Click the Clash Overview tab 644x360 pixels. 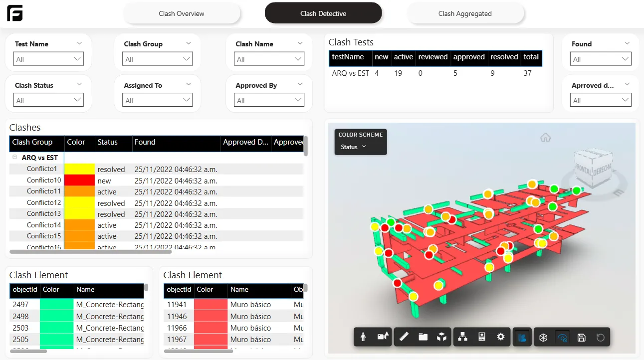pyautogui.click(x=182, y=13)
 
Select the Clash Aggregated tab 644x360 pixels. pyautogui.click(x=465, y=13)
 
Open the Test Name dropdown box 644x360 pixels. pyautogui.click(x=48, y=59)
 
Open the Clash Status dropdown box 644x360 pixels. pyautogui.click(x=48, y=101)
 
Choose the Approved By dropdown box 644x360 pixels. pyautogui.click(x=269, y=101)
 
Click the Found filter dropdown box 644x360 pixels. pyautogui.click(x=601, y=59)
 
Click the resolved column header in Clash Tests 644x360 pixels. pyautogui.click(x=504, y=57)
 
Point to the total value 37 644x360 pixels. pyautogui.click(x=527, y=73)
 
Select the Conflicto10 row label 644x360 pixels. pyautogui.click(x=44, y=180)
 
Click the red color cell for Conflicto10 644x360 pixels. pyautogui.click(x=79, y=180)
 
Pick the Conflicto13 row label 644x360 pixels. pyautogui.click(x=44, y=213)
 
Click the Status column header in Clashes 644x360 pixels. pyautogui.click(x=108, y=143)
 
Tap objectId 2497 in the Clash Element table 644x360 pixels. pyautogui.click(x=20, y=305)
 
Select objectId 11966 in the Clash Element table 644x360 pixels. pyautogui.click(x=177, y=328)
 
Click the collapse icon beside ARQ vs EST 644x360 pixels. pyautogui.click(x=15, y=158)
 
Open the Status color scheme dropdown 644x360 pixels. pyautogui.click(x=354, y=147)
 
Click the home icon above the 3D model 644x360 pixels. pyautogui.click(x=545, y=138)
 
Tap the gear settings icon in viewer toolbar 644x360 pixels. pyautogui.click(x=501, y=337)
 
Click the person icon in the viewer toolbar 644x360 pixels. pyautogui.click(x=363, y=337)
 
